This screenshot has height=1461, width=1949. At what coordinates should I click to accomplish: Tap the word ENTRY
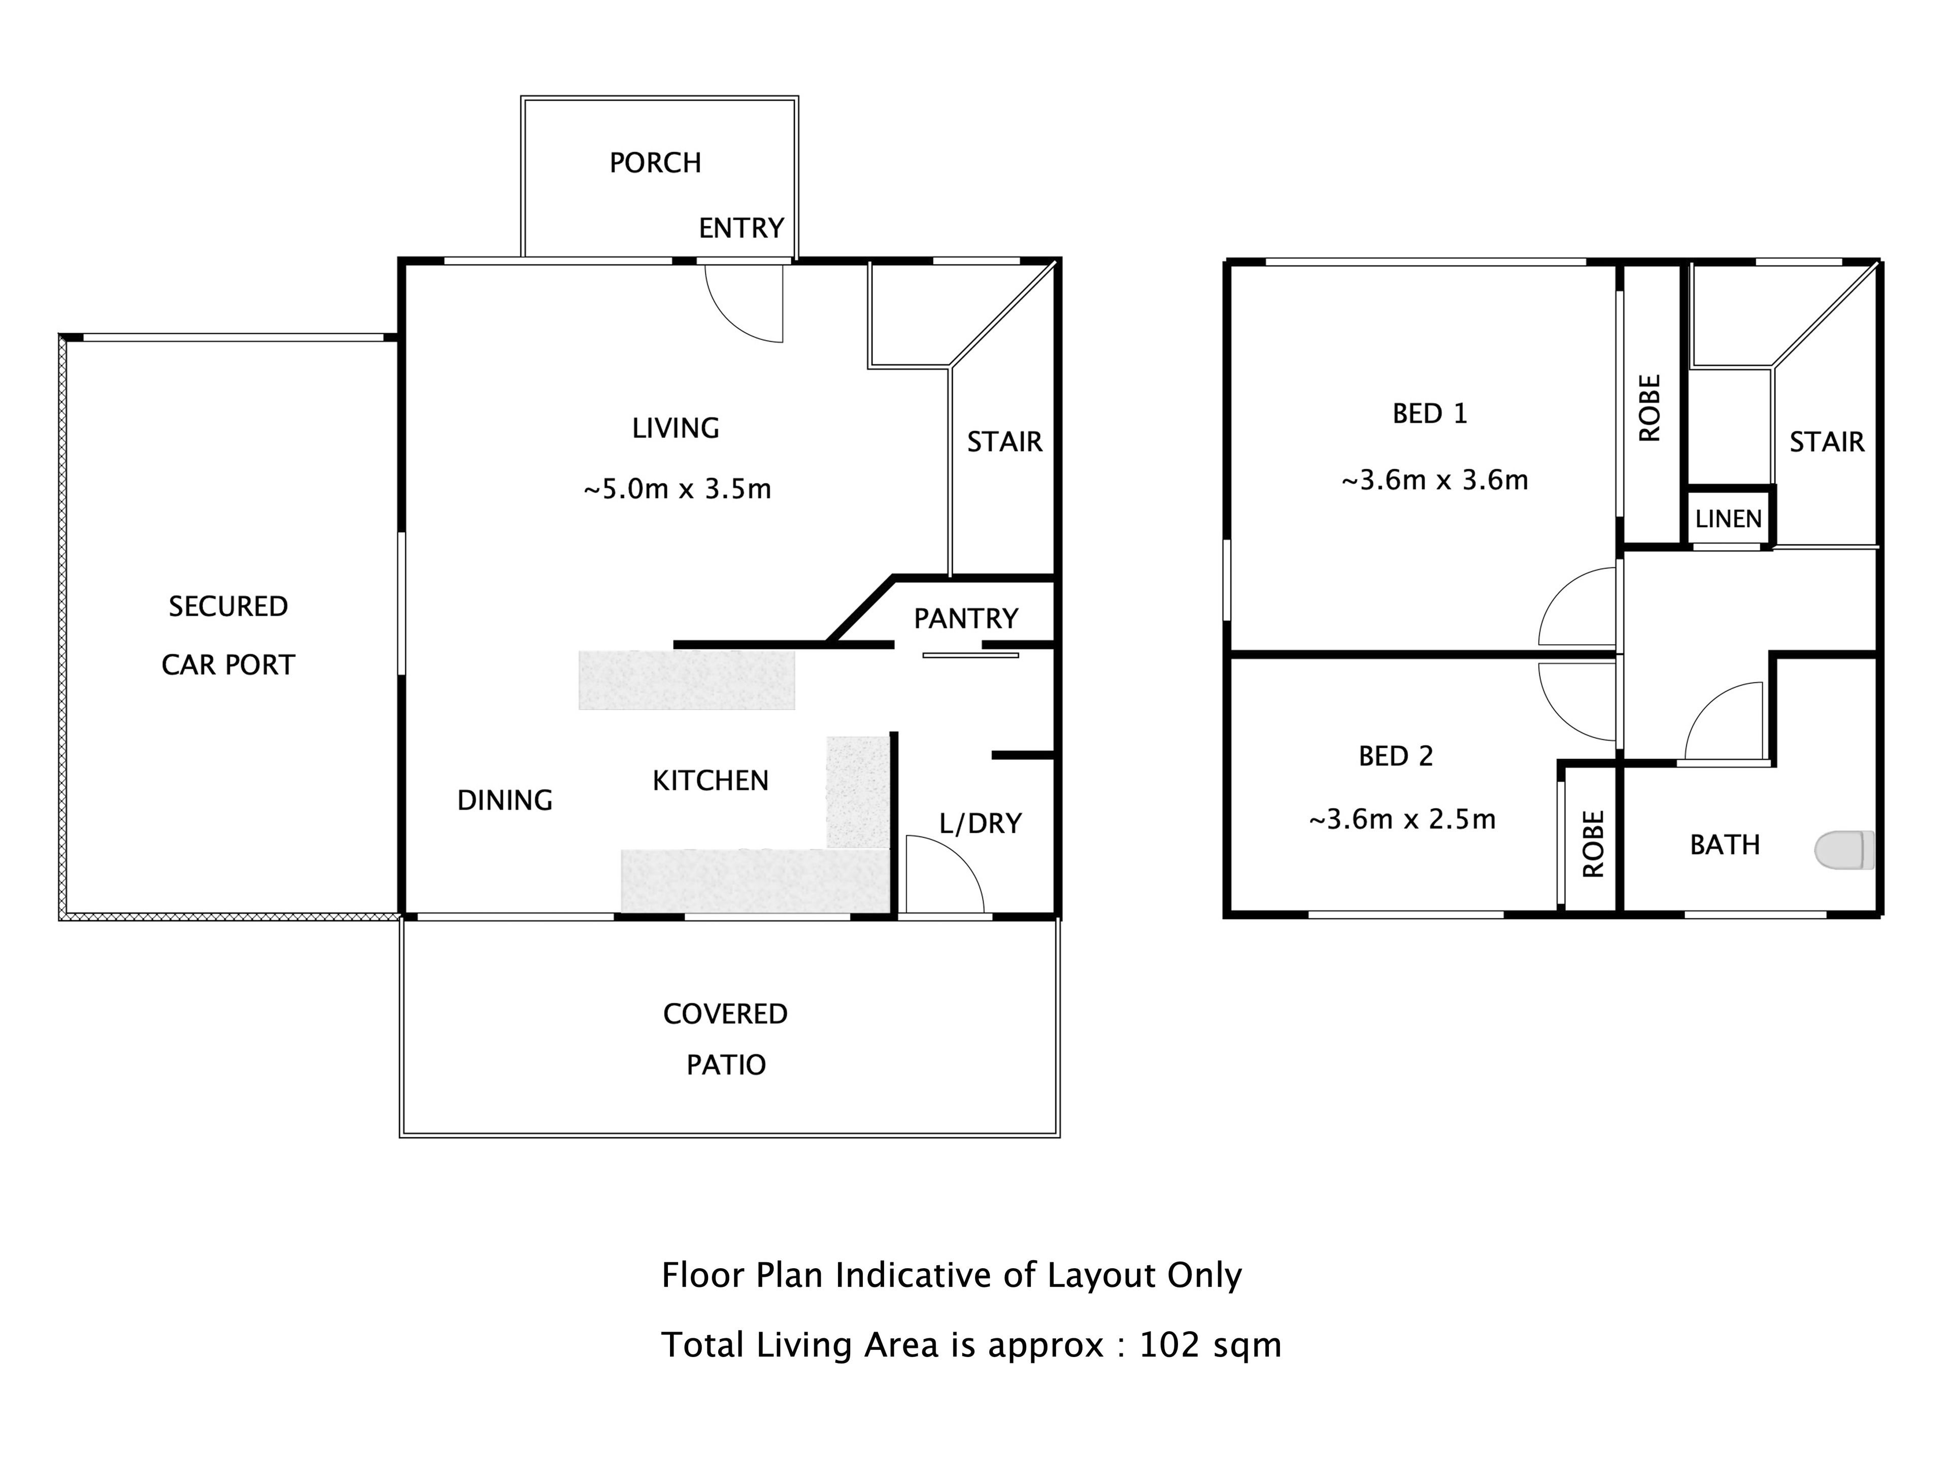pos(741,229)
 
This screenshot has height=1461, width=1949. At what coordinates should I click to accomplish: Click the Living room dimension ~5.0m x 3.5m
pos(677,489)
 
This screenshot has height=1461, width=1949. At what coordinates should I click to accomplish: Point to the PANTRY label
pos(966,619)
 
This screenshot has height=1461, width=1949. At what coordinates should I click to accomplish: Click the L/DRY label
pos(980,823)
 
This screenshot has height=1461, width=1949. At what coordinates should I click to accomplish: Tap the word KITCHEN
pos(710,780)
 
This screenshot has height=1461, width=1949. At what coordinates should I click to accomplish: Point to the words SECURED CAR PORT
pos(228,635)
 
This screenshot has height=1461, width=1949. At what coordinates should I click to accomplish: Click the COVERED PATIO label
pos(725,1039)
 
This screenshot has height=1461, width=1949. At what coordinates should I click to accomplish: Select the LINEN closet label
pos(1728,518)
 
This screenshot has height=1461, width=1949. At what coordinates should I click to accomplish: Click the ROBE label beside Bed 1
pos(1650,408)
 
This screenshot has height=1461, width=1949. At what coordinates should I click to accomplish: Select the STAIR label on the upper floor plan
pos(1827,442)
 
